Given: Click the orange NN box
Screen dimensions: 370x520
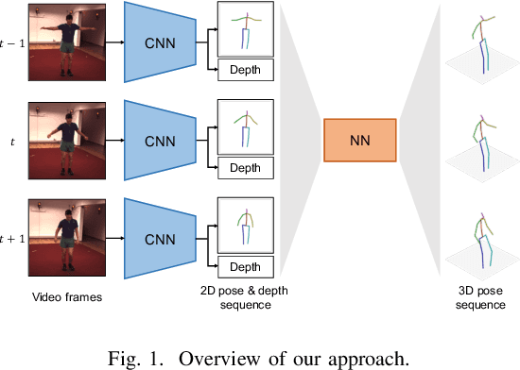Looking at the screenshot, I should (x=359, y=143).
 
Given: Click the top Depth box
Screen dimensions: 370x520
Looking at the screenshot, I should (x=245, y=70).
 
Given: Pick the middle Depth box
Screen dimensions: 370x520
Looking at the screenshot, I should (x=245, y=168).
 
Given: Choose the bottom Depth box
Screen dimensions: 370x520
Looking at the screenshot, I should (x=245, y=266).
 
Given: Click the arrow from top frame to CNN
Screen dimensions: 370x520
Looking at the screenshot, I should (x=113, y=42).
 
